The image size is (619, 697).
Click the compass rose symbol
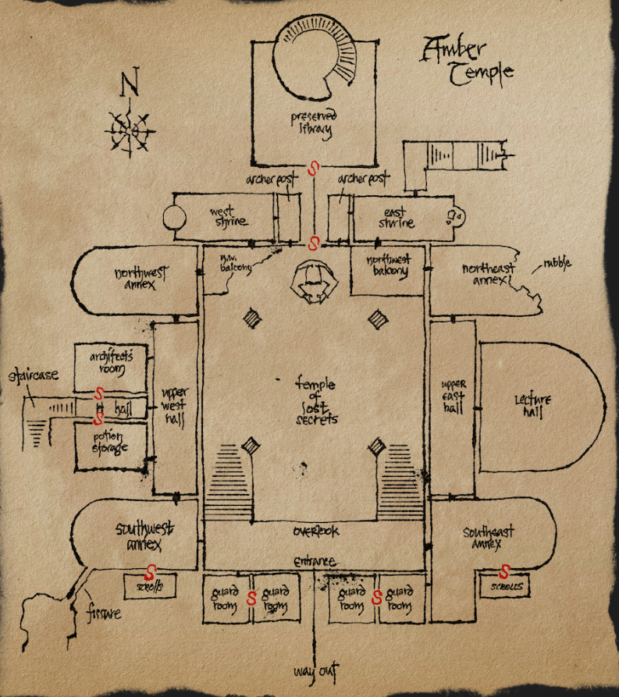click(129, 129)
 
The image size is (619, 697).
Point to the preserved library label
click(314, 124)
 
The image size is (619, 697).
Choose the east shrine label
click(397, 218)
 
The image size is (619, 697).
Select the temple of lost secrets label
click(315, 400)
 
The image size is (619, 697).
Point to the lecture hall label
click(532, 406)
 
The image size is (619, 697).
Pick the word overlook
click(315, 532)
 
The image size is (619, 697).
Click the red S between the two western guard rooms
click(251, 599)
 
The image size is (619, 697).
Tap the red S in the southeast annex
click(504, 571)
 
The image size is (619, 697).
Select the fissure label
click(103, 613)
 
